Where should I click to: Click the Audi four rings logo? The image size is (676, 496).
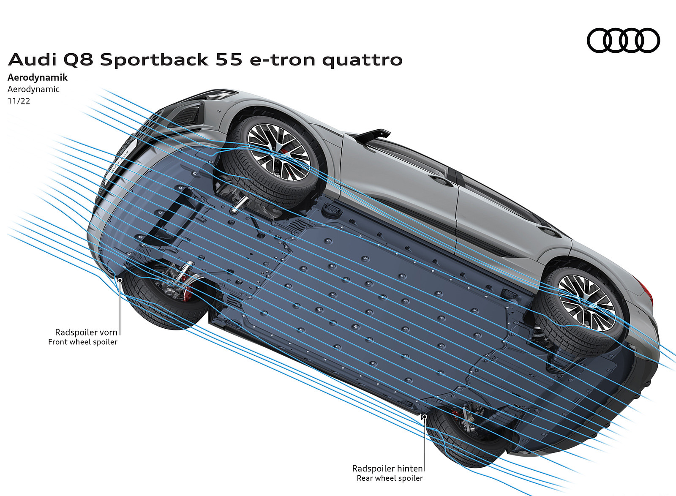623,41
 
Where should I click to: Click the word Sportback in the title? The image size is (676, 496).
154,60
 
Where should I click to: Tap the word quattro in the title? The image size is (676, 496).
362,60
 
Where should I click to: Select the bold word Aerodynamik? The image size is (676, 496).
38,78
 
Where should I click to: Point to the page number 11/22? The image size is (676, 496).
19,101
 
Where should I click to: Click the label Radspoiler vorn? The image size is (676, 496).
86,332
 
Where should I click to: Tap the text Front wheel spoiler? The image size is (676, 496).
83,342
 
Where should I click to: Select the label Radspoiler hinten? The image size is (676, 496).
387,468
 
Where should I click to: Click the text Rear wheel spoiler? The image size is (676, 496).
390,478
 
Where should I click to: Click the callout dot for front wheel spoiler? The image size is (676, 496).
120,279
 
